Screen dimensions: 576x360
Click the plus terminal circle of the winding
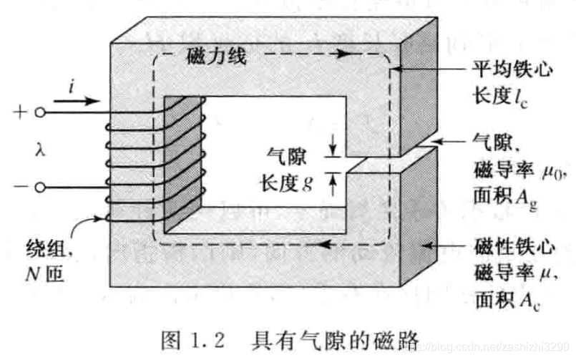42,112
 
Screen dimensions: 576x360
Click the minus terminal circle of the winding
42,188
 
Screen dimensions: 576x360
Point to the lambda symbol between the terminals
41,151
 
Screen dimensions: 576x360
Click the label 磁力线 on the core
216,57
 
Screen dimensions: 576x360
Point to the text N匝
43,273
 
